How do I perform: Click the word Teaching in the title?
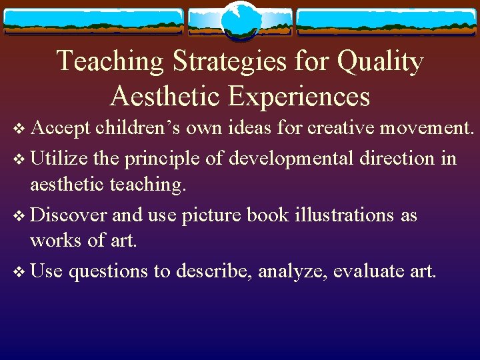tap(110, 61)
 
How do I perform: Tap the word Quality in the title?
tap(380, 61)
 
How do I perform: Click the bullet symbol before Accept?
tap(19, 129)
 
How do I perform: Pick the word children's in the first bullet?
tap(138, 128)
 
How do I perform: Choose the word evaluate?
tap(364, 272)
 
